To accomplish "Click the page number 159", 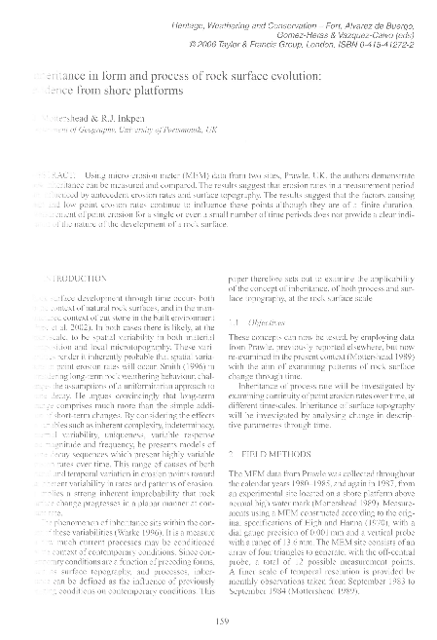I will pyautogui.click(x=218, y=611).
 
